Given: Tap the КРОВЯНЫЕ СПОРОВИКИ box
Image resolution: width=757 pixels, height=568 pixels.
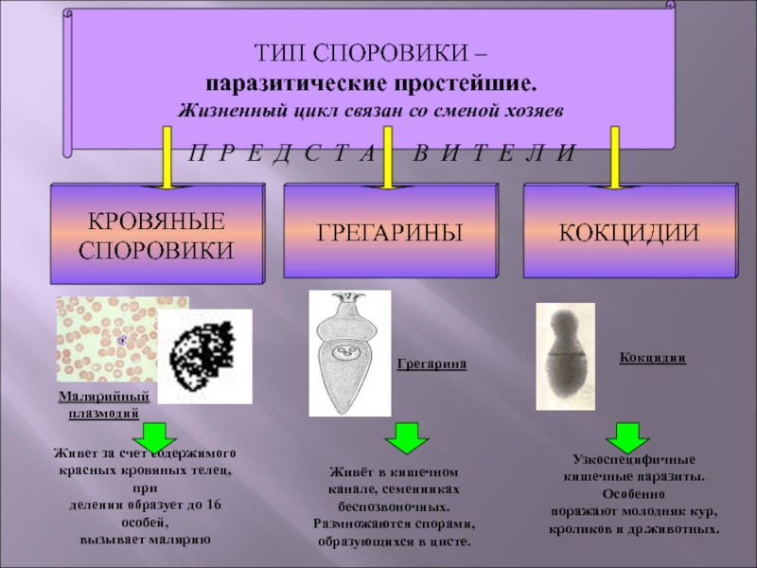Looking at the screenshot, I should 156,236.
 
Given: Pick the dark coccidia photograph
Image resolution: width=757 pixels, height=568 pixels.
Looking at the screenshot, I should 565,356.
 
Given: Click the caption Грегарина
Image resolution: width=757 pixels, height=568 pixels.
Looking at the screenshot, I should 432,364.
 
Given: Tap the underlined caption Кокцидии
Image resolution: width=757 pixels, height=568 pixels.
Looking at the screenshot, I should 652,358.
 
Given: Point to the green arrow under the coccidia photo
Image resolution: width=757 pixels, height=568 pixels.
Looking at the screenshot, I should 625,437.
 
